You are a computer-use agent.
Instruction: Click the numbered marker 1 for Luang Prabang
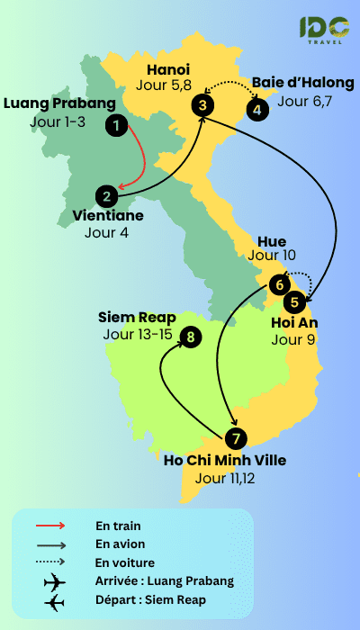[x=115, y=124]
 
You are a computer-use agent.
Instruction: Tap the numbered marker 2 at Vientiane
[x=107, y=195]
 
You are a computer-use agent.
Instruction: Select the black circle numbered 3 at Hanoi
[x=204, y=105]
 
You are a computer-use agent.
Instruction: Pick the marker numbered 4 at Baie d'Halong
[x=257, y=110]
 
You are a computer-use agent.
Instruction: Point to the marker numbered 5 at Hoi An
[x=296, y=301]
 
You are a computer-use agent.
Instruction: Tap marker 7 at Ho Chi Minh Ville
[x=235, y=439]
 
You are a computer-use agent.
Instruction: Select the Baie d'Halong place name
[x=303, y=83]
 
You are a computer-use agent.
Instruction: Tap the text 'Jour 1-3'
[x=57, y=121]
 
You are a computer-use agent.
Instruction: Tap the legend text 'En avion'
[x=120, y=544]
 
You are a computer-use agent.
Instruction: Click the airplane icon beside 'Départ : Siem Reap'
[x=55, y=600]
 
